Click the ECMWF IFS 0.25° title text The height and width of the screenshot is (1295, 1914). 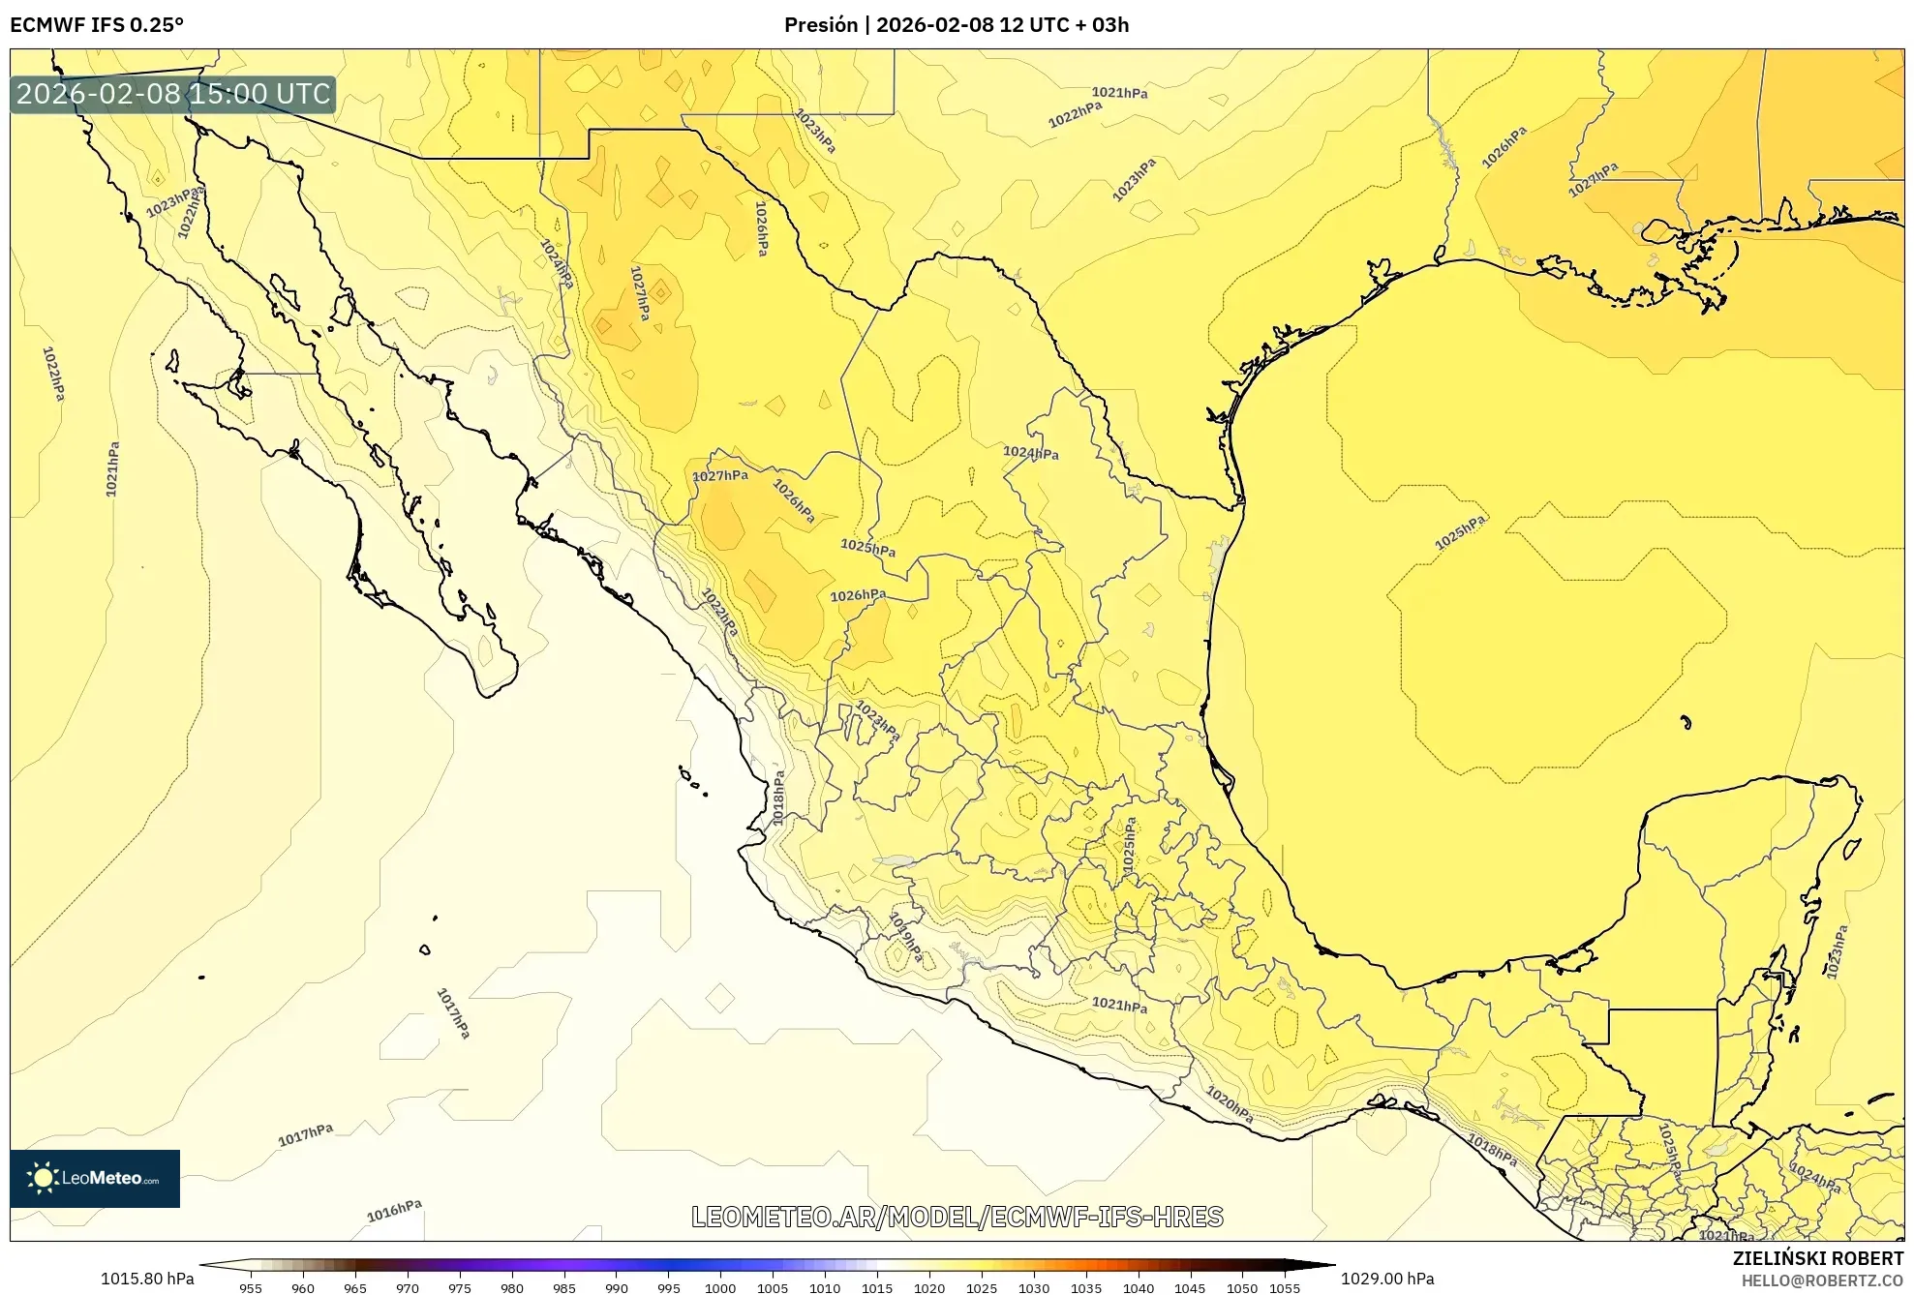[97, 24]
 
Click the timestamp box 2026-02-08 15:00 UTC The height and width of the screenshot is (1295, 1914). [173, 94]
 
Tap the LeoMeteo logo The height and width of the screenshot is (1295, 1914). [95, 1178]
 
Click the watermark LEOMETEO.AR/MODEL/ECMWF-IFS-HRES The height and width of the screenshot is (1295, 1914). [957, 1217]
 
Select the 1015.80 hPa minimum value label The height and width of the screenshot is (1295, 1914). [147, 1279]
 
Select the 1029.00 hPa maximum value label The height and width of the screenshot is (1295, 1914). [1387, 1279]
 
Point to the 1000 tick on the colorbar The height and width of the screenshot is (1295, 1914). [720, 1287]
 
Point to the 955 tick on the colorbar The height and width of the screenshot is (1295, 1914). [251, 1287]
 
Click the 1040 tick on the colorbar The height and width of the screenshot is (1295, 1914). [1139, 1287]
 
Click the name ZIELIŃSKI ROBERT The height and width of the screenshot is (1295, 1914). [1817, 1258]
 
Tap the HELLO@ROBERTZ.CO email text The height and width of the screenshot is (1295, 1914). [1822, 1280]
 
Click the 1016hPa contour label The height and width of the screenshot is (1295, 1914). [394, 1211]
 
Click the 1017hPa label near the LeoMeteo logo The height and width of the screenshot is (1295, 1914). [306, 1134]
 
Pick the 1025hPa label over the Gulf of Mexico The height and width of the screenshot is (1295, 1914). [1460, 533]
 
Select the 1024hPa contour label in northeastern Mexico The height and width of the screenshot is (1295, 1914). [1030, 452]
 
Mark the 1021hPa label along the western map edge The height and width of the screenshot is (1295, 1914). [112, 469]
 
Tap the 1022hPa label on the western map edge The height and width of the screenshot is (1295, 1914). [54, 374]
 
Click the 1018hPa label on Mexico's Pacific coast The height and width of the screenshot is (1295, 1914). [778, 798]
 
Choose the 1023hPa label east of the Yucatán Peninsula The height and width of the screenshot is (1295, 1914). [1837, 951]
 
